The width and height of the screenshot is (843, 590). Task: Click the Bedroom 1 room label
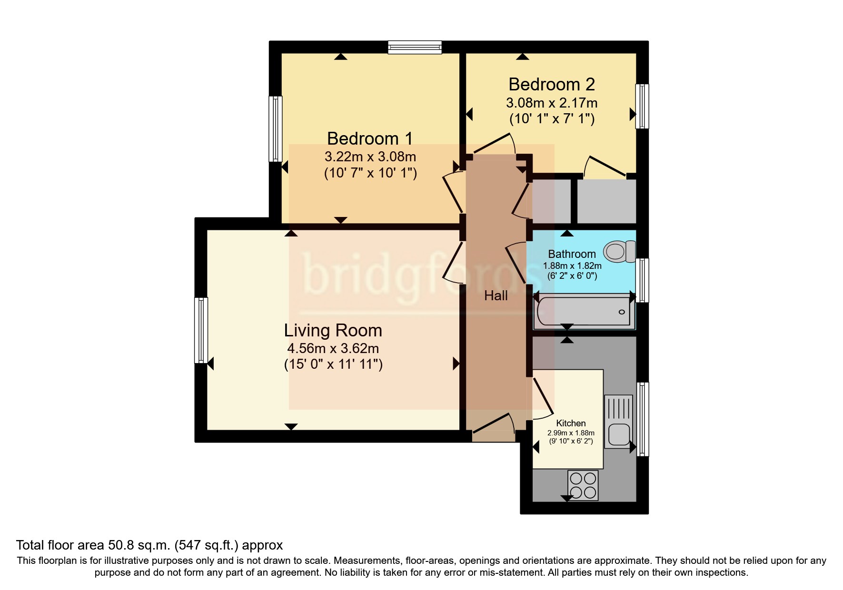[x=369, y=138]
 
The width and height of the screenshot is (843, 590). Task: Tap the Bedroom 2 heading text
[x=551, y=84]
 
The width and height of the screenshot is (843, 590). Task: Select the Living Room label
[x=333, y=330]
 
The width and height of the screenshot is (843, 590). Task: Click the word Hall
[x=496, y=295]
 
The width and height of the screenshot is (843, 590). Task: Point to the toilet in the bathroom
[x=619, y=251]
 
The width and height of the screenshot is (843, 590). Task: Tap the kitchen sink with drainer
[x=618, y=422]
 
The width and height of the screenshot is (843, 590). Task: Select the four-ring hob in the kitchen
[x=583, y=485]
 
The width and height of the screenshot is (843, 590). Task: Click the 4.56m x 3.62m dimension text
[x=333, y=348]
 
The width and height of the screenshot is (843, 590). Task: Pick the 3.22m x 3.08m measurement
[x=370, y=157]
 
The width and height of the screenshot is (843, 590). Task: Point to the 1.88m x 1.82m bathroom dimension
[x=572, y=266]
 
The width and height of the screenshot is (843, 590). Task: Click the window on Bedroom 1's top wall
[x=415, y=47]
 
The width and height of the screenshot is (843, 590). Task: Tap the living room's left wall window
[x=201, y=330]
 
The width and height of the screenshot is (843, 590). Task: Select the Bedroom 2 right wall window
[x=642, y=106]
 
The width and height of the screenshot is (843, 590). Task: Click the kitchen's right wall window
[x=643, y=419]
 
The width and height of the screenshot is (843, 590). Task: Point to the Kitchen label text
[x=571, y=423]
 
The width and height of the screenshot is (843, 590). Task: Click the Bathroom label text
[x=572, y=254]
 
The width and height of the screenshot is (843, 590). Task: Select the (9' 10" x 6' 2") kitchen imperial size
[x=571, y=441]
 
